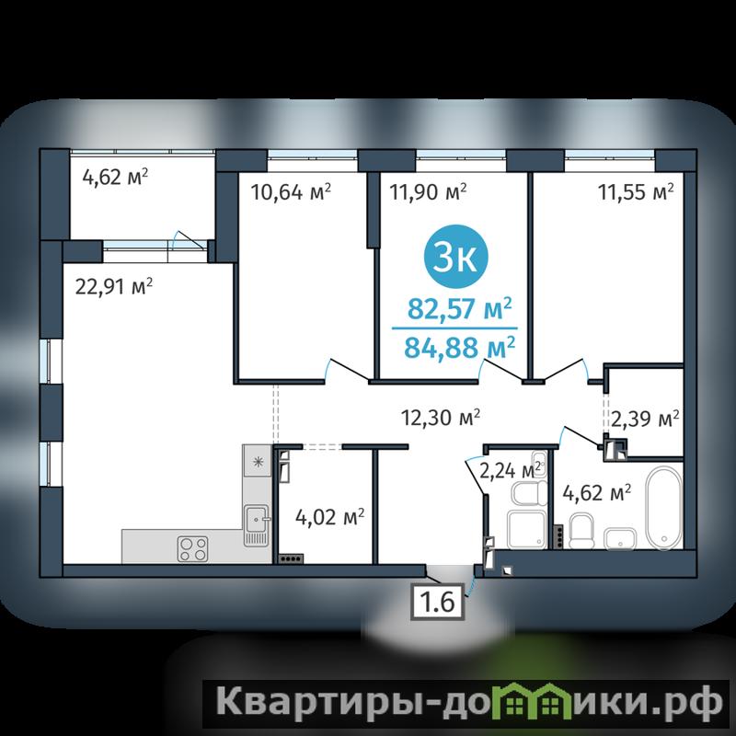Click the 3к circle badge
coord(455,257)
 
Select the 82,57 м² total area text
coord(459,308)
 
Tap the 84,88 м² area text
coord(459,347)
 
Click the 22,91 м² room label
coord(113,286)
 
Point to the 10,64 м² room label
coord(291,191)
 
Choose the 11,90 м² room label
coord(428,191)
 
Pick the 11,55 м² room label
coord(636,191)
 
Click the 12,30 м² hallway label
coord(441,417)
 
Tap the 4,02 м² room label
coord(329,517)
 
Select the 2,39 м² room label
coord(645,419)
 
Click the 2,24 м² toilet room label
coord(511,470)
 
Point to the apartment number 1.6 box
coord(438,602)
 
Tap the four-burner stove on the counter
coord(192,548)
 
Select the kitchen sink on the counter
coord(257,525)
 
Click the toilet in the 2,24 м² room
coord(529,493)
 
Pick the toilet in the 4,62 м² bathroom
coord(581,530)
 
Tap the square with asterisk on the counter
coord(258,462)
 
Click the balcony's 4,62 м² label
coord(115,177)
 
